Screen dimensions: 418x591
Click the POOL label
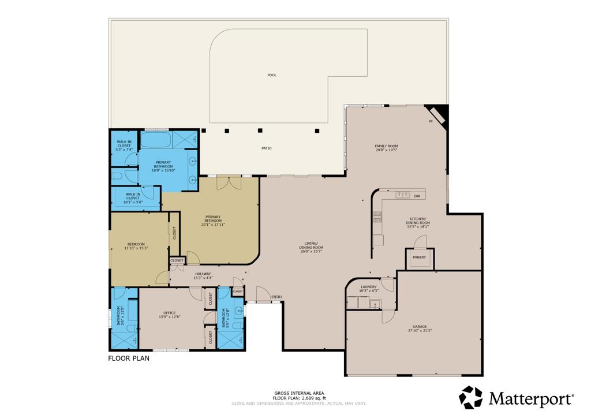tap(272, 75)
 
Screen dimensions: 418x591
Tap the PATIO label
tap(266, 148)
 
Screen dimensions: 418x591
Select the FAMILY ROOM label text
tap(387, 146)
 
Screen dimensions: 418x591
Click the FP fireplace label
tap(430, 122)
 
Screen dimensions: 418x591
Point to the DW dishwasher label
tap(417, 196)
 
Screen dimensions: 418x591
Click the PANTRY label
tap(420, 257)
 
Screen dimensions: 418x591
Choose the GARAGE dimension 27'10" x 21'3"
tap(420, 331)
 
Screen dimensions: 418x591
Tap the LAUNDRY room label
tap(368, 287)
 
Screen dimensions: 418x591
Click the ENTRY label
tap(277, 297)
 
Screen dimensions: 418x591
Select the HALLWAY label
tap(203, 274)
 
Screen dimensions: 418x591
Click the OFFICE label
tap(169, 313)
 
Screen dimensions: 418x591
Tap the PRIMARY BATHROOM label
tap(163, 165)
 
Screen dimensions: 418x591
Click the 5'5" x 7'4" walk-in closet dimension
tap(124, 150)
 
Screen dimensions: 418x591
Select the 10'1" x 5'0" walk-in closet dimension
tap(133, 201)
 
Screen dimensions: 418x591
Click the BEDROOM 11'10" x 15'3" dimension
tap(136, 248)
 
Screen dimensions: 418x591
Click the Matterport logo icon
tap(470, 397)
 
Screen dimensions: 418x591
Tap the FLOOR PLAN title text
tap(129, 358)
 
